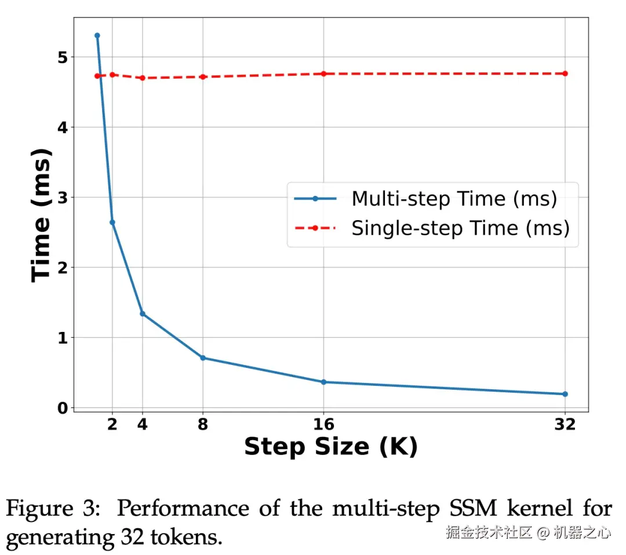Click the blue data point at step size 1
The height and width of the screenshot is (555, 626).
[97, 35]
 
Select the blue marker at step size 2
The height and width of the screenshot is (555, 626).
[112, 222]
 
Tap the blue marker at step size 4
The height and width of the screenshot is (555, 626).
[142, 313]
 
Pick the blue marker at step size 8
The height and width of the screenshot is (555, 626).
[203, 357]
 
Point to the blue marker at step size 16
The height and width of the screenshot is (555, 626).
[323, 382]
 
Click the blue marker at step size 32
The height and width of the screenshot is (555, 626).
[565, 394]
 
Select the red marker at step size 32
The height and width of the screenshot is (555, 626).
[565, 74]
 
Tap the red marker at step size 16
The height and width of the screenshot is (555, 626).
[323, 74]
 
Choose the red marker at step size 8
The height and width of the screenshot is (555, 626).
[203, 76]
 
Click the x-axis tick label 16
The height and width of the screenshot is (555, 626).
[323, 425]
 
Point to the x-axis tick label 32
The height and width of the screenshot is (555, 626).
[565, 425]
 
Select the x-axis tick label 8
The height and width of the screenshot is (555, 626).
[203, 425]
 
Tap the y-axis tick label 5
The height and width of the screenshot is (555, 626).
[62, 57]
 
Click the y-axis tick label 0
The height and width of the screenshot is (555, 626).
[62, 408]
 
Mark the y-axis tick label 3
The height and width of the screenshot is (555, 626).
[62, 198]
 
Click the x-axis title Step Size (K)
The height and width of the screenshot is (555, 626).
[330, 447]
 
